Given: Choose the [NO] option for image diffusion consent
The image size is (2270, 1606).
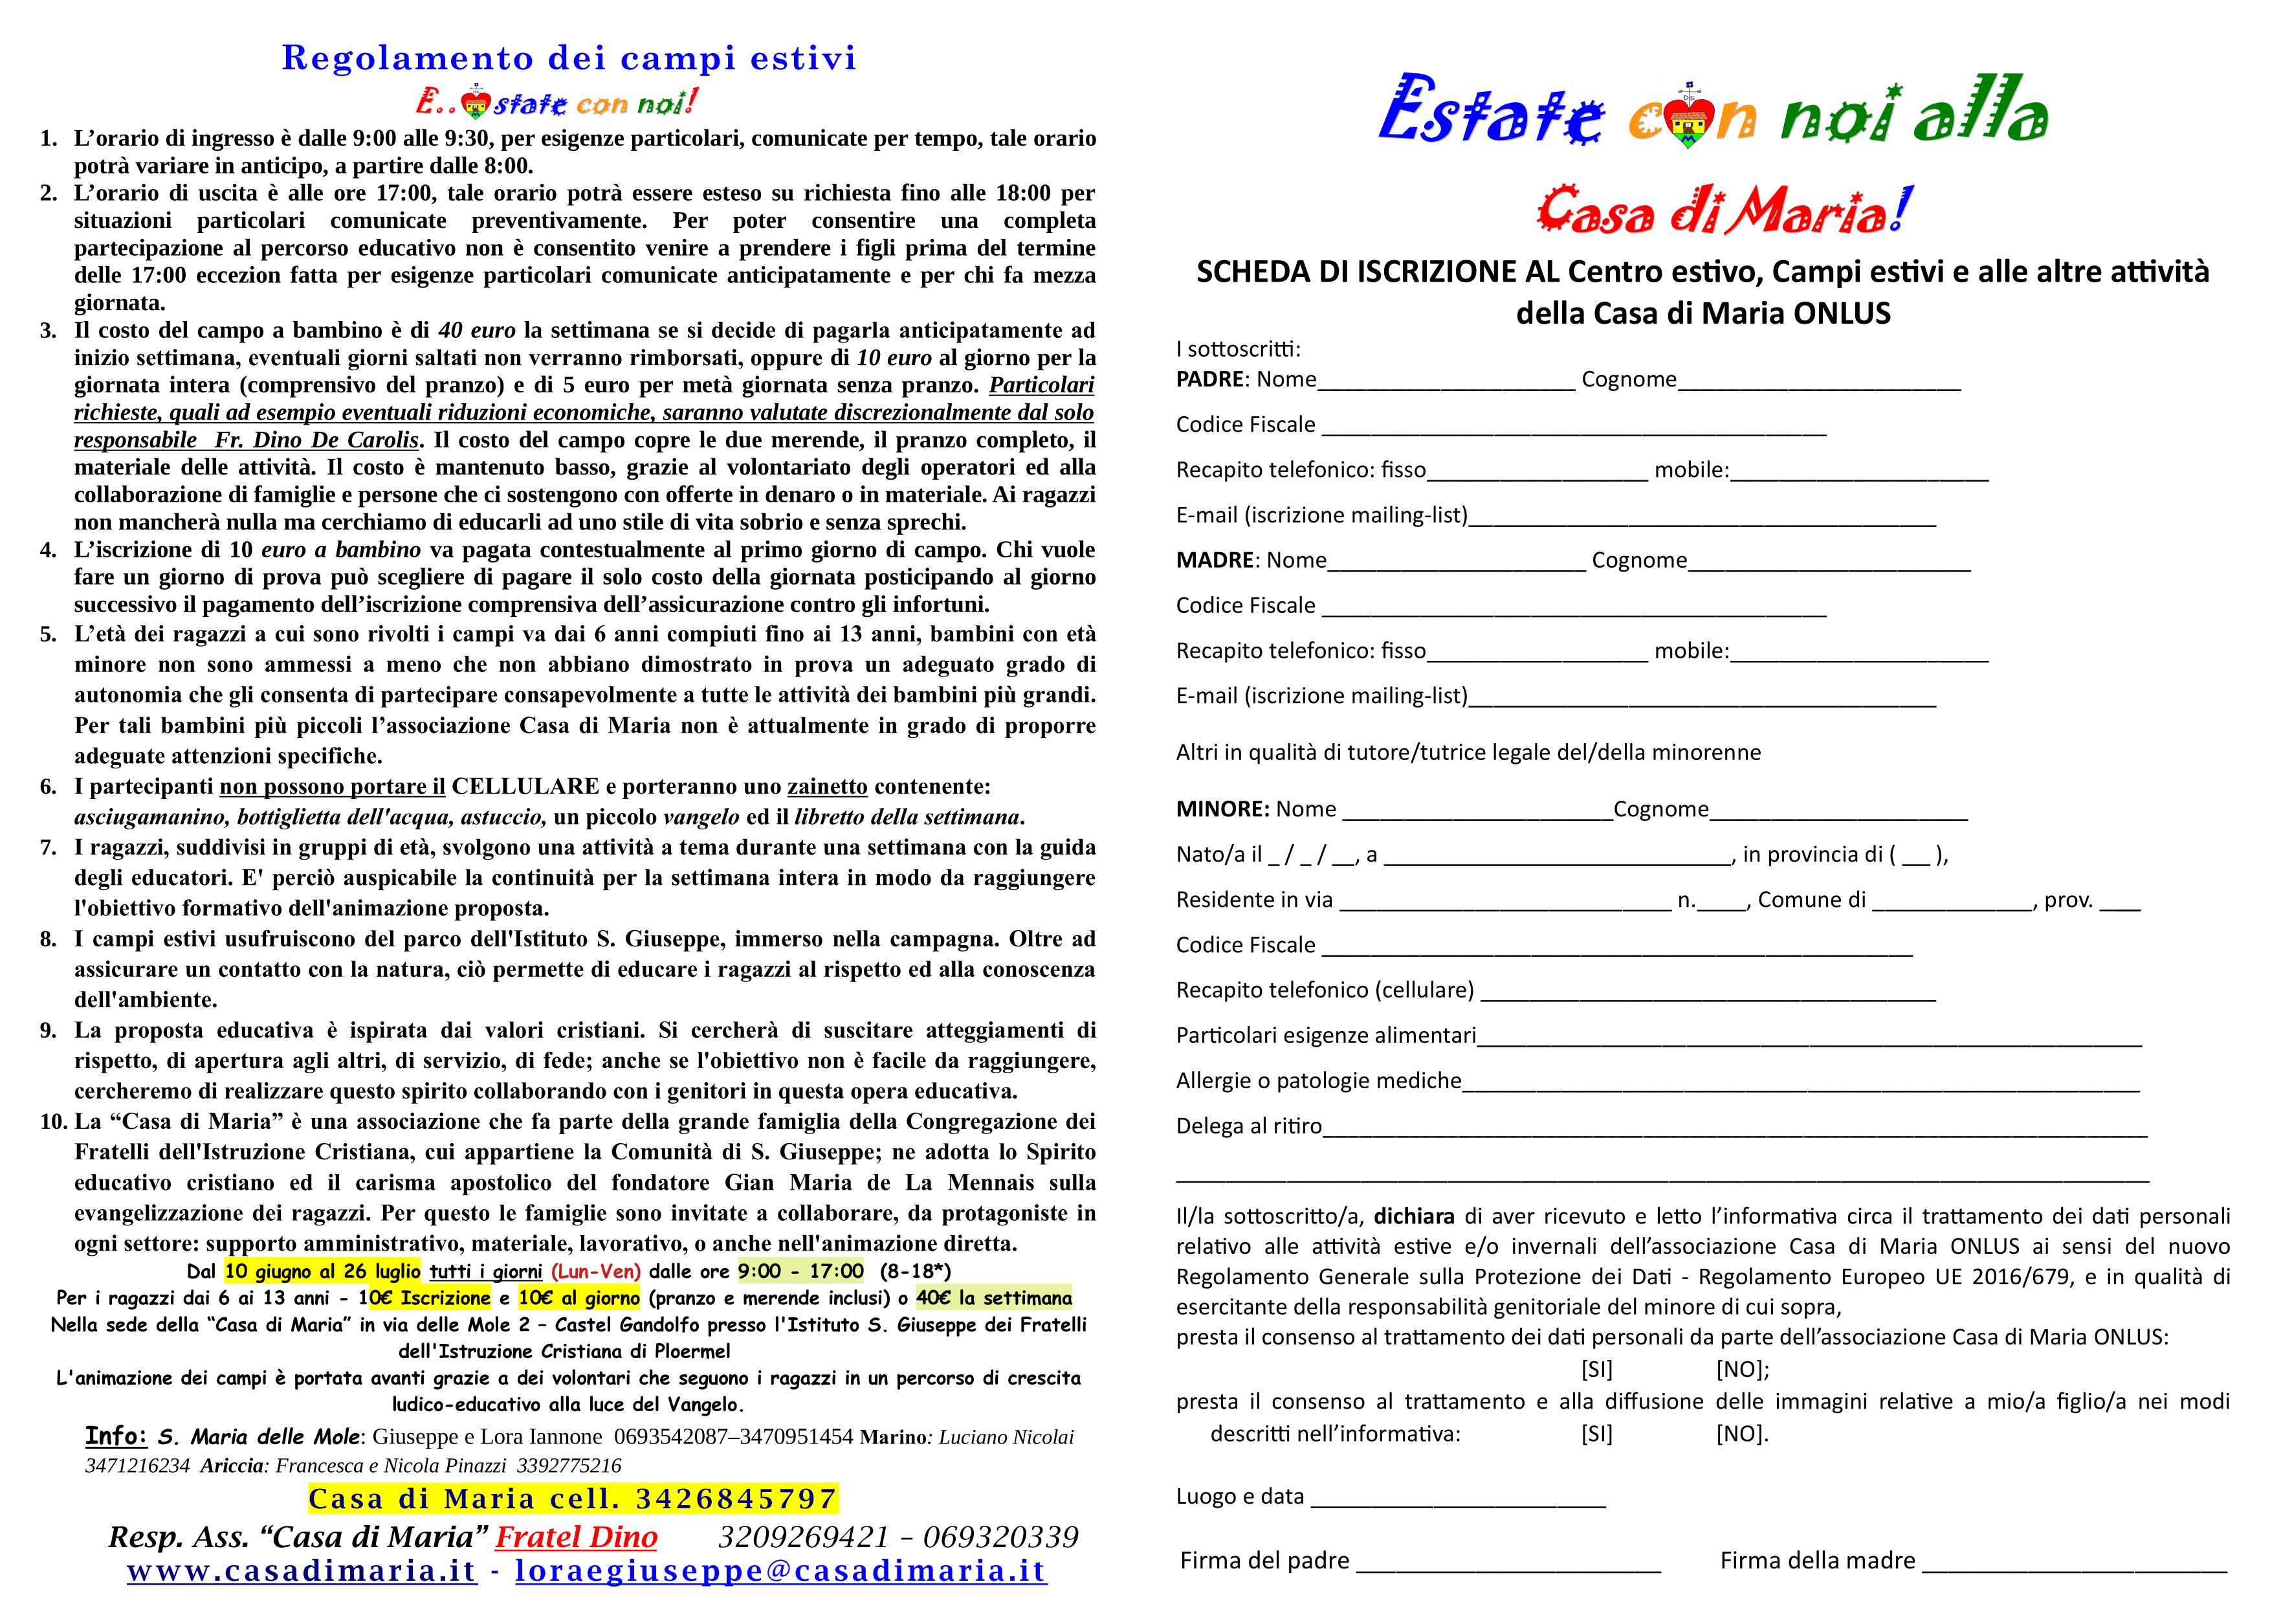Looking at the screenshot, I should [x=1741, y=1434].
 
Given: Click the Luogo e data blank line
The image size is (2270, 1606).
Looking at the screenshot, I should [x=1459, y=1498].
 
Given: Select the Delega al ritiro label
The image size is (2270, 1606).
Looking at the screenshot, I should [x=1248, y=1126].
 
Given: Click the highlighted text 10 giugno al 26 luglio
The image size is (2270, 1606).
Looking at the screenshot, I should [x=322, y=1271].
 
